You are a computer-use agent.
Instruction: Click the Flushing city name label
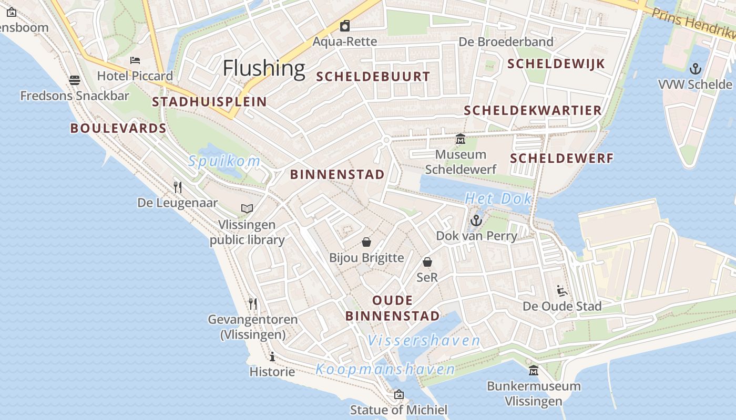click(x=264, y=68)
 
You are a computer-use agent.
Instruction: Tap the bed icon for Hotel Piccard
click(x=135, y=60)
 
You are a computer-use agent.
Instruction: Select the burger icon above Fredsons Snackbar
click(x=75, y=80)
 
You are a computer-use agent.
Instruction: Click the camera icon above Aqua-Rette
click(x=345, y=26)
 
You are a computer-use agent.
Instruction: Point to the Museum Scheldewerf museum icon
click(x=461, y=139)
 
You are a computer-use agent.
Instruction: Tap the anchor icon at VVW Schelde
click(x=696, y=69)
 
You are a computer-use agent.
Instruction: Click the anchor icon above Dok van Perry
click(x=476, y=220)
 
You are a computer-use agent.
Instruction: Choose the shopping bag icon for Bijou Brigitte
click(x=366, y=242)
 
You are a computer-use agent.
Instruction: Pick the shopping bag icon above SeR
click(x=427, y=261)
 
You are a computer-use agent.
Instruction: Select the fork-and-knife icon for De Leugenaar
click(x=178, y=187)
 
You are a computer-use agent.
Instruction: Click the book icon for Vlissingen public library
click(x=247, y=208)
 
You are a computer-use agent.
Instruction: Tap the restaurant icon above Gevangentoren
click(x=253, y=303)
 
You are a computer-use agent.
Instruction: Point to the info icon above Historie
click(x=272, y=357)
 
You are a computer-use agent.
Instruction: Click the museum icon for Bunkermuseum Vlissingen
click(x=534, y=371)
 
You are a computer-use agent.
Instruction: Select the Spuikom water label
click(x=224, y=161)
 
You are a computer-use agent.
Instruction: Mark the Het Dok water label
click(x=498, y=199)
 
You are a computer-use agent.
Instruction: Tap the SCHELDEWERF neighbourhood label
click(x=562, y=159)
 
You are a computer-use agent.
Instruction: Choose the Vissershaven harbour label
click(x=424, y=341)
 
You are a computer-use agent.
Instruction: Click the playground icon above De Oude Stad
click(x=561, y=290)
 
